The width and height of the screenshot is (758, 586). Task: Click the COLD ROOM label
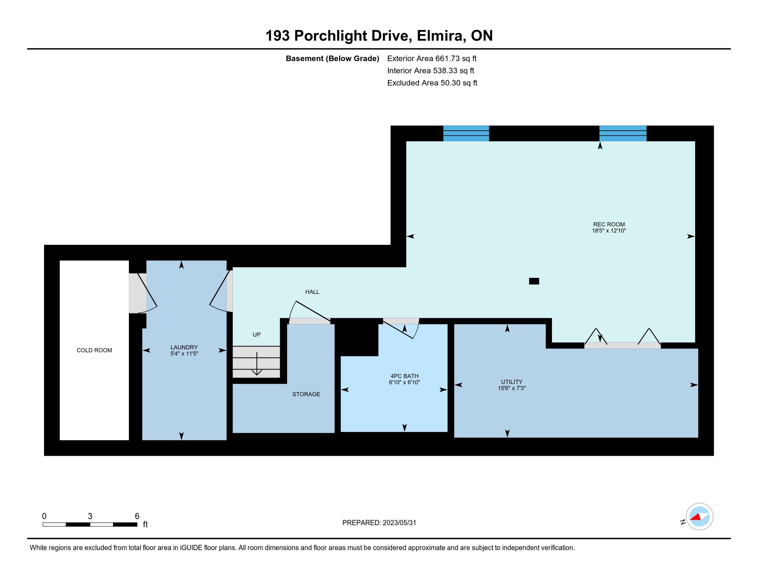(x=94, y=350)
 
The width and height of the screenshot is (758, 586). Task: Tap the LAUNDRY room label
(x=184, y=347)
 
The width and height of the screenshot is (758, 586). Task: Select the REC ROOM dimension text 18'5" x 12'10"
(x=609, y=231)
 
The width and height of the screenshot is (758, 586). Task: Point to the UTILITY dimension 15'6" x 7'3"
(x=512, y=388)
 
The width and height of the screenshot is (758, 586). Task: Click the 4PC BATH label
(x=404, y=376)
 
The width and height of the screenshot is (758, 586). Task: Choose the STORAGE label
(x=306, y=394)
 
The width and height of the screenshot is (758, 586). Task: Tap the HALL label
(x=313, y=292)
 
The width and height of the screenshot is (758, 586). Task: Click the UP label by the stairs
(x=256, y=335)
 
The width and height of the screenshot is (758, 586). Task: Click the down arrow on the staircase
(x=257, y=363)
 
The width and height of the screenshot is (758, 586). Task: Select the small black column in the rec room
(x=534, y=281)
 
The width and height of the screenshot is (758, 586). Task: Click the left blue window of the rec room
(x=466, y=133)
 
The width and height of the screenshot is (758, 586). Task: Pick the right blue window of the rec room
(x=623, y=133)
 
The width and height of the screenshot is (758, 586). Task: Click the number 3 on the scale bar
(x=90, y=516)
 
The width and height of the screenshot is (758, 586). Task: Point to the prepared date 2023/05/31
(x=399, y=523)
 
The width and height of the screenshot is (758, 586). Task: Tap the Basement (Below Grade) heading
(x=332, y=59)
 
